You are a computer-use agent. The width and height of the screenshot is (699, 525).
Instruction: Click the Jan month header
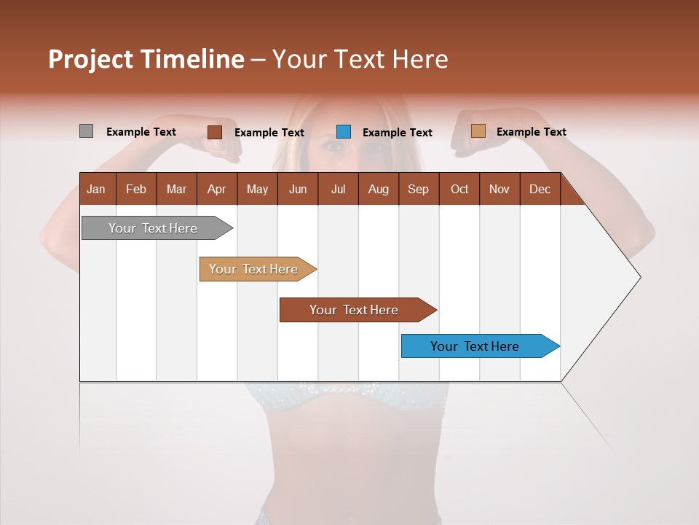96,189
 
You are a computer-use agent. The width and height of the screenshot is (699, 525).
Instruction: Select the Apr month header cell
216,189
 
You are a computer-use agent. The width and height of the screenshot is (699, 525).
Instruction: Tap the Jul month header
338,189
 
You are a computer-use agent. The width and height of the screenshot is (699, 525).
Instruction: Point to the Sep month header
418,189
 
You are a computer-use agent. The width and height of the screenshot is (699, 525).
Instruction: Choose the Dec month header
540,189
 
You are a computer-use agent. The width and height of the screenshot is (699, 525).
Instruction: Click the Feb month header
136,189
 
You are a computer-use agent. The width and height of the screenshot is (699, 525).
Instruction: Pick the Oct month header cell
459,189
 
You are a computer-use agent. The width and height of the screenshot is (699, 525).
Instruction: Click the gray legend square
86,131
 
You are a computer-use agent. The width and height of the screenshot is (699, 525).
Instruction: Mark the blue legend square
344,132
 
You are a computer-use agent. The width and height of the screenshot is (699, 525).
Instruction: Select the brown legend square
214,132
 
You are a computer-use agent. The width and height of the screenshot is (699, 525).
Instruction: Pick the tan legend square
478,131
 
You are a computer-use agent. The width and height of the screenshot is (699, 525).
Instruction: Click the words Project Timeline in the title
146,59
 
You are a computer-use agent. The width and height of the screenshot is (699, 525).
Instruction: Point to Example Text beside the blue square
397,133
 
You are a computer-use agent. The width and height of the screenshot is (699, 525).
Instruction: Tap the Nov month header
499,189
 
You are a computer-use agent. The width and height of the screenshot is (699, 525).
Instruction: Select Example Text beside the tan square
531,132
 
